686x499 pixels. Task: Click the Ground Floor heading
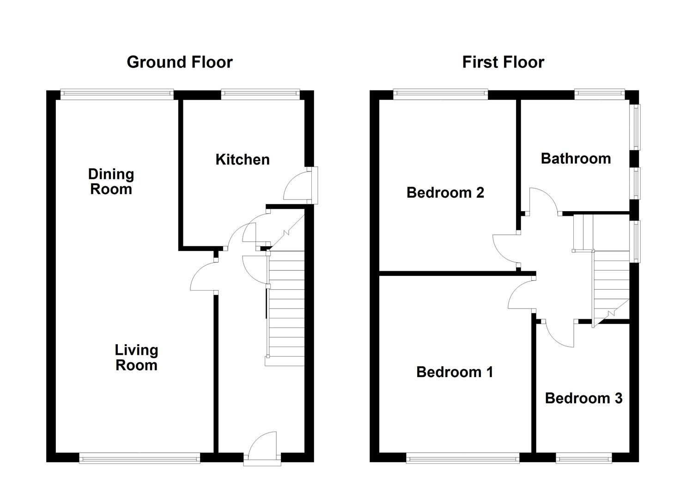click(x=180, y=62)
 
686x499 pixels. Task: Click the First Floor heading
click(x=503, y=62)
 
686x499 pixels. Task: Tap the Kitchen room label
click(x=243, y=159)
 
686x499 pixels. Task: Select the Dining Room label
click(x=111, y=182)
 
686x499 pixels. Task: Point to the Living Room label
click(x=136, y=358)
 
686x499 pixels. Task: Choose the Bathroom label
click(x=576, y=158)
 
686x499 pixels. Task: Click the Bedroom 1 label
click(x=455, y=372)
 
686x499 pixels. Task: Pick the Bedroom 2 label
click(x=445, y=193)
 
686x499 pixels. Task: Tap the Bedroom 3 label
click(x=584, y=399)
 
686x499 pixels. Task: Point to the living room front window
click(x=140, y=458)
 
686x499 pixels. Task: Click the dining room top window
click(x=117, y=94)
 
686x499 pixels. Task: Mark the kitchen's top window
click(x=261, y=94)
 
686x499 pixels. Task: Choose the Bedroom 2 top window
click(x=440, y=94)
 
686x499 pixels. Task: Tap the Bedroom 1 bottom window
click(x=463, y=458)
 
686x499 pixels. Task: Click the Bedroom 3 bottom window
click(x=584, y=458)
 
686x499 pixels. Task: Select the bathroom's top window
click(x=599, y=94)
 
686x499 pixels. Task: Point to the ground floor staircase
click(x=285, y=308)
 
